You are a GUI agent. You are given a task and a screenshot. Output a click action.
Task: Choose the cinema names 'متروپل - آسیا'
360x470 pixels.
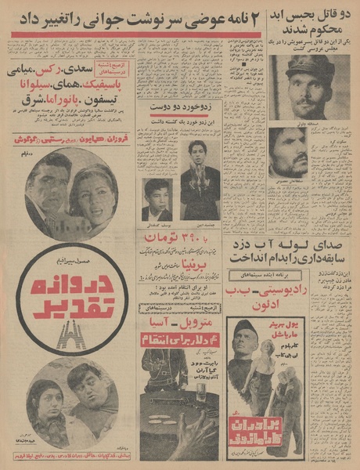(182, 320)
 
